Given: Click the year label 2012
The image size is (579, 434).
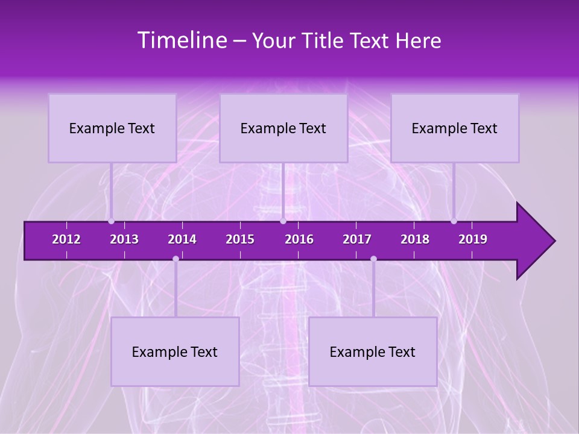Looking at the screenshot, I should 66,239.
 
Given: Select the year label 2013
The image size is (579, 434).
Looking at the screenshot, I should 124,239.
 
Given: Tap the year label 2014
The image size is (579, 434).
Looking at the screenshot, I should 182,239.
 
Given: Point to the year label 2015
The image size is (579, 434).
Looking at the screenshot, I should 240,239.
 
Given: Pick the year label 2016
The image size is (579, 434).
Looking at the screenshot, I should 299,239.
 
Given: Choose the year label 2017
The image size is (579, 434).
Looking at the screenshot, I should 357,239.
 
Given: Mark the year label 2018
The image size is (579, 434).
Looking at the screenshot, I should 415,239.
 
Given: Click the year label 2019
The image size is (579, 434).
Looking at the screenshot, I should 473,239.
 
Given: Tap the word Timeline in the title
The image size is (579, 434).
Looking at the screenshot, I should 182,40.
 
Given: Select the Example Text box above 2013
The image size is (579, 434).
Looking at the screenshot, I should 112,128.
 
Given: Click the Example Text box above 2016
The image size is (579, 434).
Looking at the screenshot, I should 283,128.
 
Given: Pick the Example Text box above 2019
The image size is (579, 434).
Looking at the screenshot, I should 455,128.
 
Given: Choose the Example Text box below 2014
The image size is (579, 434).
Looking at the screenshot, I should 175,352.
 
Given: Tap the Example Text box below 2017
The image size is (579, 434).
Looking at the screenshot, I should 373,352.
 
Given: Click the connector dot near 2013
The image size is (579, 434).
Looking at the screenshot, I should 111,221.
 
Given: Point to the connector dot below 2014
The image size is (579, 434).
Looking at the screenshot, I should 176,259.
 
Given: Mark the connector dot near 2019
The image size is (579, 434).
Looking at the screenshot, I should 454,221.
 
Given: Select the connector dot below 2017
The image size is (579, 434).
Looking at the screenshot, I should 373,259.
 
